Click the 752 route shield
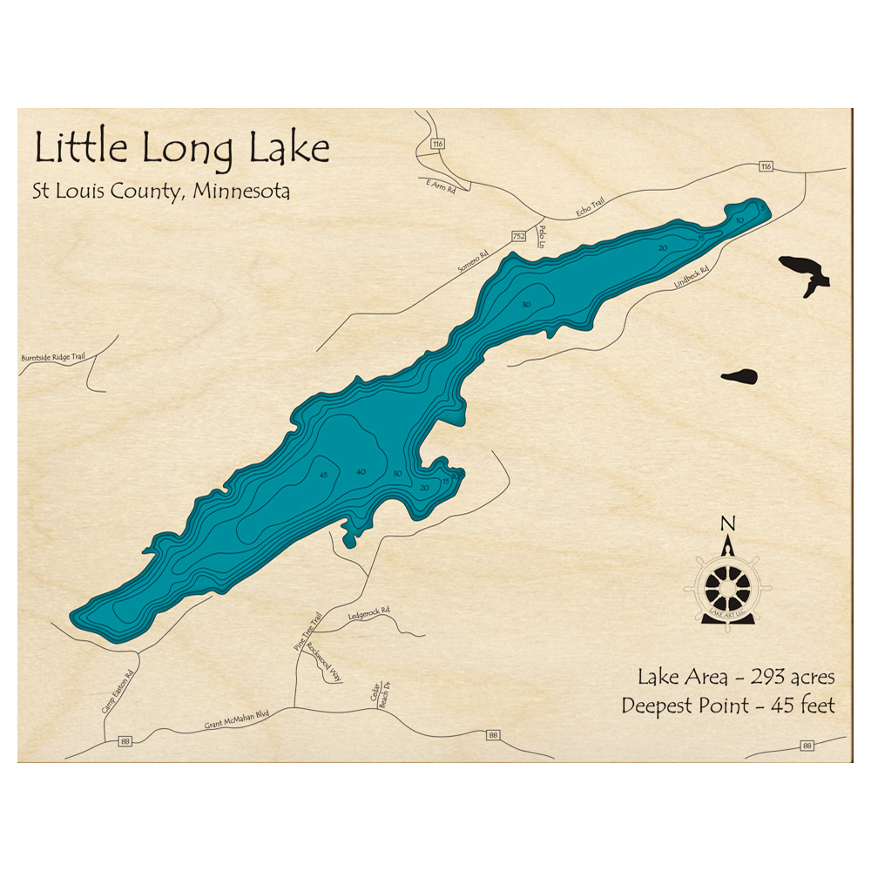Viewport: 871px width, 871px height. [518, 236]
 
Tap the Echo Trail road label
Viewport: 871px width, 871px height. [590, 207]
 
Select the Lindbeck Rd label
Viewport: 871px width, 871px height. [692, 278]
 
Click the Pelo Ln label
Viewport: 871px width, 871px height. [543, 234]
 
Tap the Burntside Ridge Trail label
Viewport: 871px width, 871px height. [54, 358]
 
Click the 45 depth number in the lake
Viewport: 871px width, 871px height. [324, 475]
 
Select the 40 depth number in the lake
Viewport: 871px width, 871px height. [360, 471]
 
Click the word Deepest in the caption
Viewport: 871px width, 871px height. [662, 706]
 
